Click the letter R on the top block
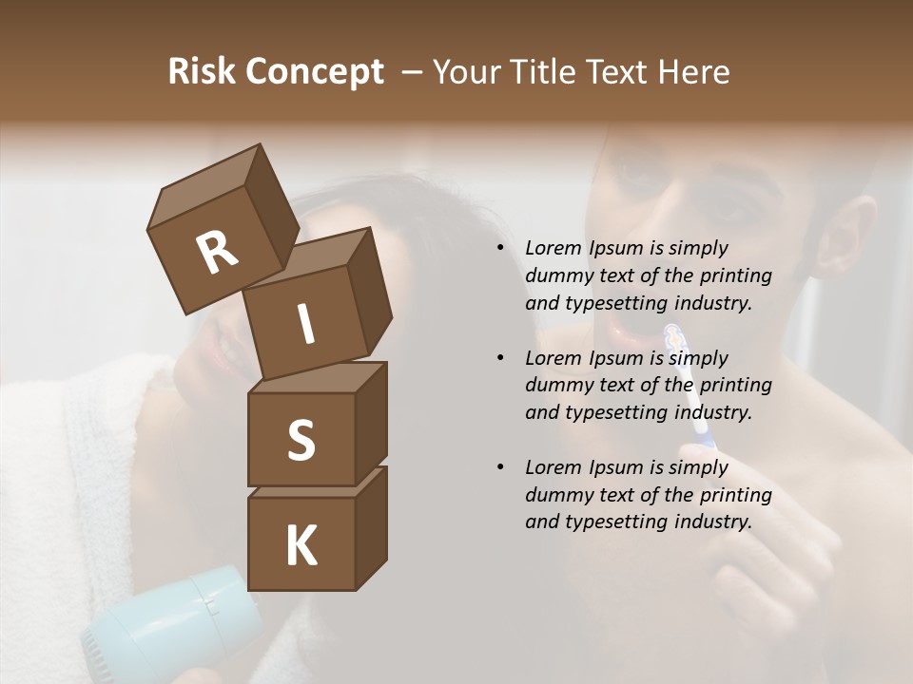[x=217, y=253]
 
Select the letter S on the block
[x=301, y=440]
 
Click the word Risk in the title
[x=202, y=72]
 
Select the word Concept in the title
[x=315, y=72]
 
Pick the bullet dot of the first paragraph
[x=500, y=248]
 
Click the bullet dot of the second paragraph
[x=500, y=358]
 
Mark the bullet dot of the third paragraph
[x=500, y=467]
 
